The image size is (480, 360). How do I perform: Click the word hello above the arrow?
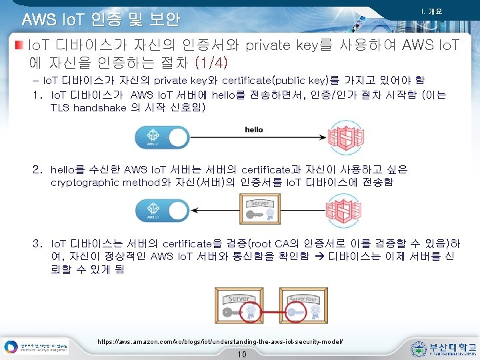click(253, 129)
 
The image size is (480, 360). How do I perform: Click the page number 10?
click(241, 354)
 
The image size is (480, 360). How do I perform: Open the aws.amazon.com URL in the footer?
click(220, 341)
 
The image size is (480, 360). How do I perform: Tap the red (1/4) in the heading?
click(211, 63)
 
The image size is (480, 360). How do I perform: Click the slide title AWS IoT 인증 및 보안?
click(101, 19)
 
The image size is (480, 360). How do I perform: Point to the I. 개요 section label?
click(431, 11)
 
